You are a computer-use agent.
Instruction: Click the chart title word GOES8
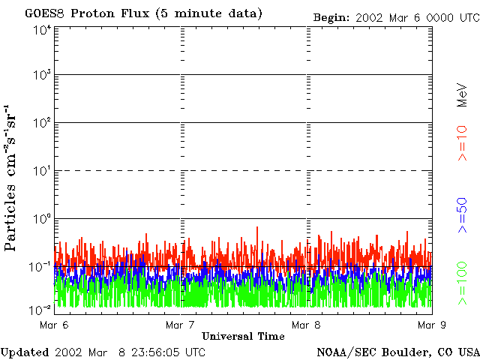point(42,13)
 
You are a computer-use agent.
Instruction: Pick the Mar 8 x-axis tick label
point(306,325)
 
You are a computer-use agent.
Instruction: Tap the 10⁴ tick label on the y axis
point(42,30)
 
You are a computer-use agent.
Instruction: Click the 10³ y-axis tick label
point(42,76)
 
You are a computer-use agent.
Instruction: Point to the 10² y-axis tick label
point(42,124)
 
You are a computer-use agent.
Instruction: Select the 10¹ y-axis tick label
point(42,172)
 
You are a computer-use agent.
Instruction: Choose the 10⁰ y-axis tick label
point(42,220)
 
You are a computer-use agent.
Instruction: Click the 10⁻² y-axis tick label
point(42,309)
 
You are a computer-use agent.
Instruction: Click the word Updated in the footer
point(24,352)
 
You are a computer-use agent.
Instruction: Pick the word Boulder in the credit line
point(405,352)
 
